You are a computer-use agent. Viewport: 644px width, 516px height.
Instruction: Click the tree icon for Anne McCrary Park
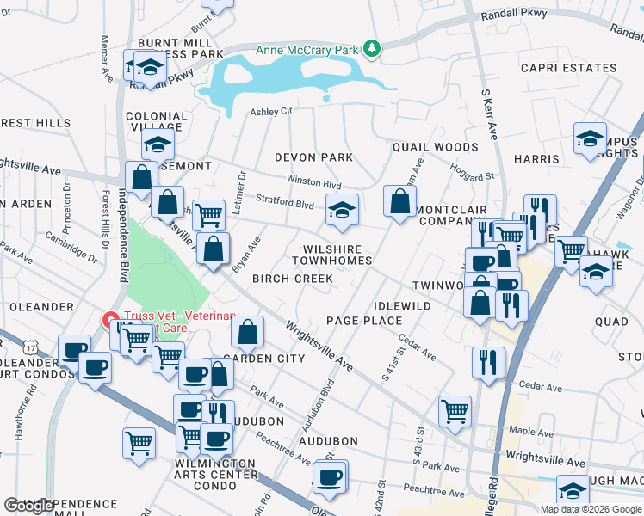[x=372, y=50]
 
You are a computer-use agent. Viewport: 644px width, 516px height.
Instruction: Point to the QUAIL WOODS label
[x=435, y=147]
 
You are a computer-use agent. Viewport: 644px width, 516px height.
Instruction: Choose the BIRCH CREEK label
[x=292, y=279]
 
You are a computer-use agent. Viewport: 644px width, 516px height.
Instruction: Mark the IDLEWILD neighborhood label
[x=402, y=306]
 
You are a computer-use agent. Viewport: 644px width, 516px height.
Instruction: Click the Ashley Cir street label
[x=271, y=111]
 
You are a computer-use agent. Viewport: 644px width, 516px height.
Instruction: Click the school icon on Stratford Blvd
[x=342, y=210]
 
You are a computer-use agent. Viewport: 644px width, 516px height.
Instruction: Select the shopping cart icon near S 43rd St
[x=455, y=410]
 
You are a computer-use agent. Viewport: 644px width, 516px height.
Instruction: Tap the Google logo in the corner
[x=29, y=506]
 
